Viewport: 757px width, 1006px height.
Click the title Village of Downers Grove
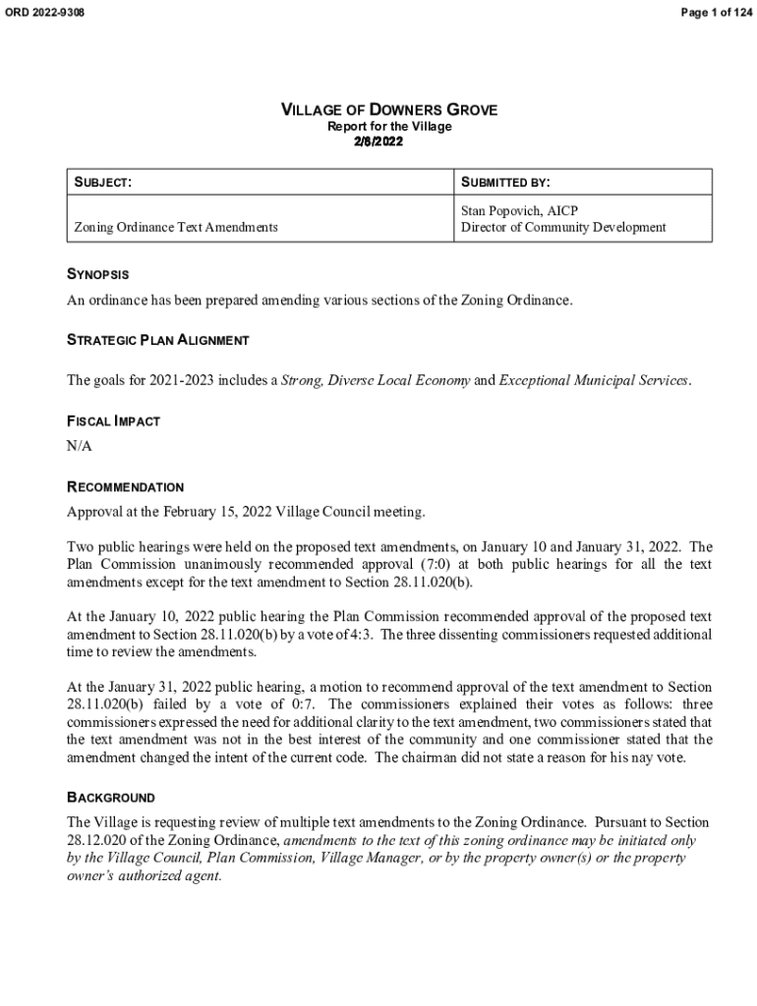point(389,110)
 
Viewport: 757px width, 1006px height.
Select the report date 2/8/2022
point(378,141)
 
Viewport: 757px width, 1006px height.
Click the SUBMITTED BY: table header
point(505,182)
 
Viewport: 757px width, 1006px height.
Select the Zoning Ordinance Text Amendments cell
point(176,227)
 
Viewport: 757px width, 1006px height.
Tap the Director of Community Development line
point(563,227)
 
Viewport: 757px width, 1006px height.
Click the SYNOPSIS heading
point(97,275)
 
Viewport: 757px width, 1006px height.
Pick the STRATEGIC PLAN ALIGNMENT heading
point(157,340)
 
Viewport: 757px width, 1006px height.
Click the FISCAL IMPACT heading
point(113,421)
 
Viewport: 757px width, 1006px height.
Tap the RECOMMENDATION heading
point(125,487)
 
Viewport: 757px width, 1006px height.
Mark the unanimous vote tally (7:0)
point(455,565)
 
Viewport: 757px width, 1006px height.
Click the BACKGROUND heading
point(110,798)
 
